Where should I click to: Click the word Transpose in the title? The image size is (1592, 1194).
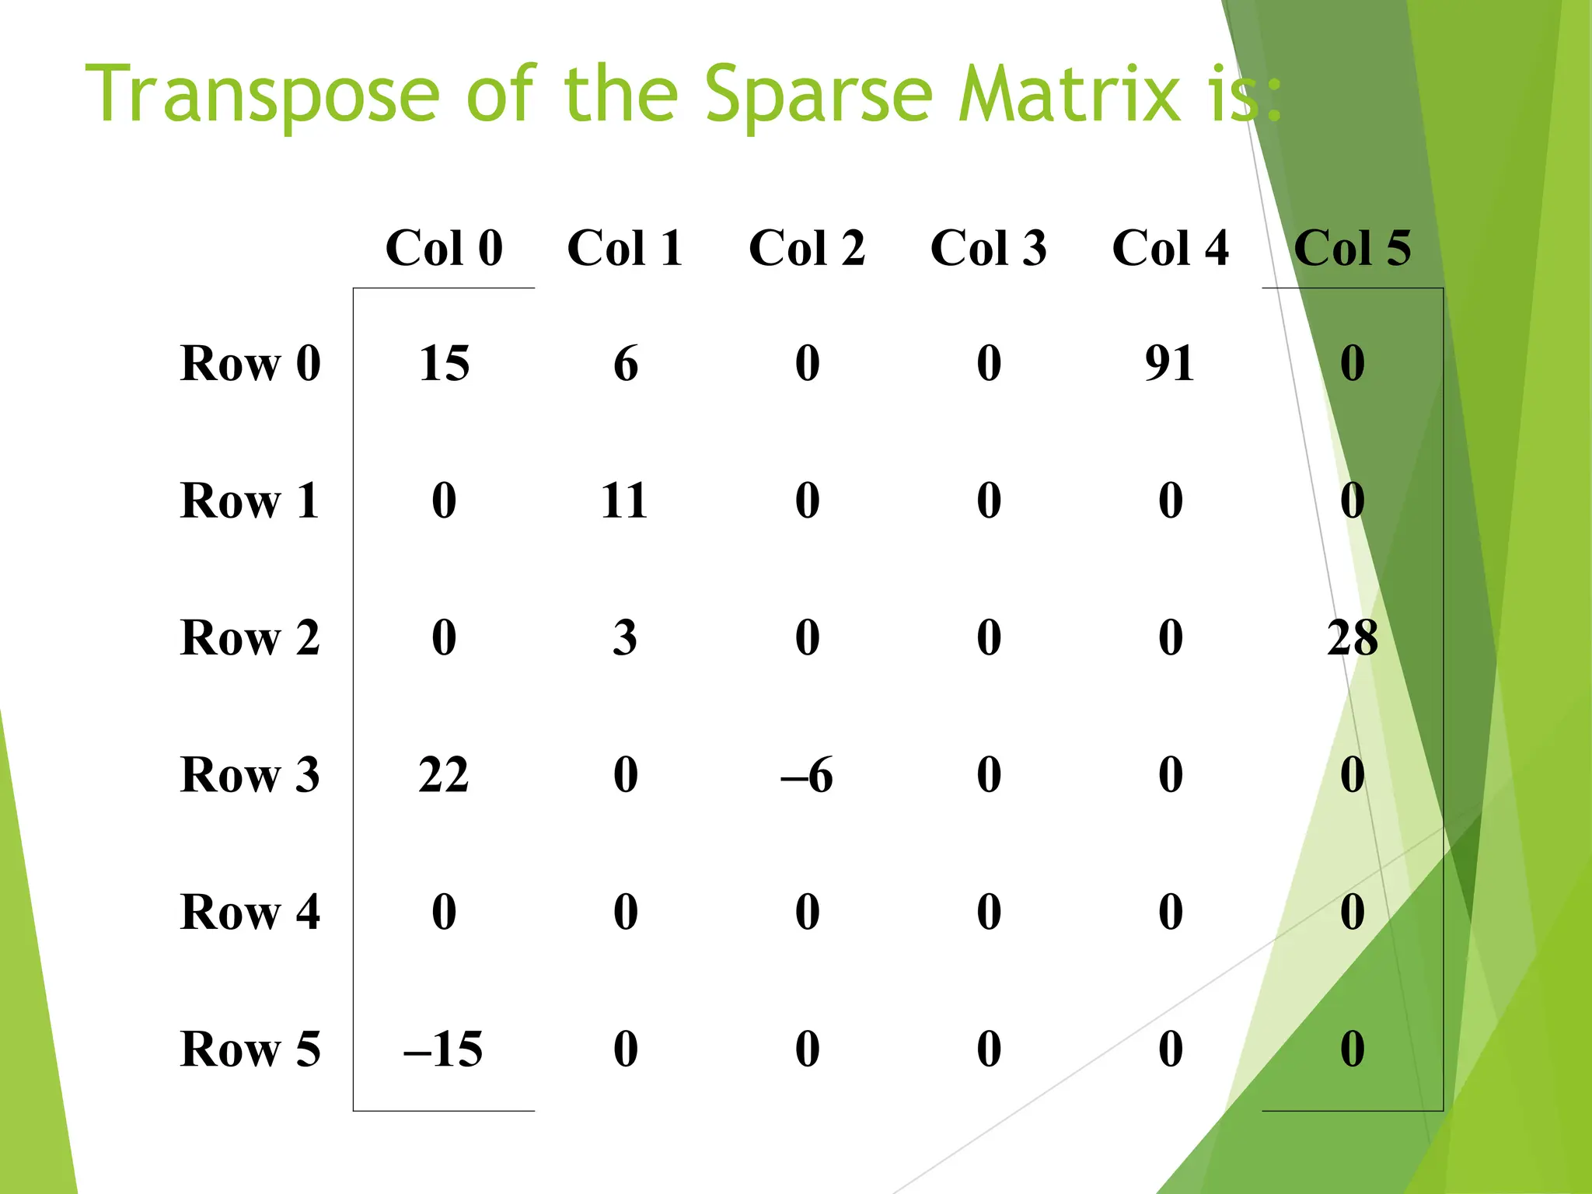pos(263,95)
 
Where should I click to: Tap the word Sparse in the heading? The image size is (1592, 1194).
pos(819,95)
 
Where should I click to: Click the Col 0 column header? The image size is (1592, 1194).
pos(444,249)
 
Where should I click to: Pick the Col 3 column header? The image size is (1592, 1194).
pos(989,249)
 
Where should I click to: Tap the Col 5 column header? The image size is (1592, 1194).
pos(1352,249)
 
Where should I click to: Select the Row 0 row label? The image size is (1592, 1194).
pos(250,363)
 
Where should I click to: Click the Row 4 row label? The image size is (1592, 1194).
pos(250,912)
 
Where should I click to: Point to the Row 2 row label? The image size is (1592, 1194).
pos(250,638)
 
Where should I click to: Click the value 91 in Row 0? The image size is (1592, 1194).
pos(1170,363)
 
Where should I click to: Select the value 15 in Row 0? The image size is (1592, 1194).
pos(444,363)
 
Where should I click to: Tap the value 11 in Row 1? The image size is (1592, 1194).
pos(624,501)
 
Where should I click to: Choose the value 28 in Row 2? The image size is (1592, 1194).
pos(1352,638)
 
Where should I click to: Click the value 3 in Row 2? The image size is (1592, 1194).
pos(625,638)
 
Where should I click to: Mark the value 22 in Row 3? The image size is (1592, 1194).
pos(444,775)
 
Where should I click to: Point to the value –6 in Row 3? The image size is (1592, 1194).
pos(807,775)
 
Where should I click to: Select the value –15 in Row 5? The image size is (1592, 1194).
pos(443,1049)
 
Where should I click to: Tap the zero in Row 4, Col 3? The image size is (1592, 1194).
pos(989,912)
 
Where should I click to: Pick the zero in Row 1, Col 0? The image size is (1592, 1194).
pos(444,501)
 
